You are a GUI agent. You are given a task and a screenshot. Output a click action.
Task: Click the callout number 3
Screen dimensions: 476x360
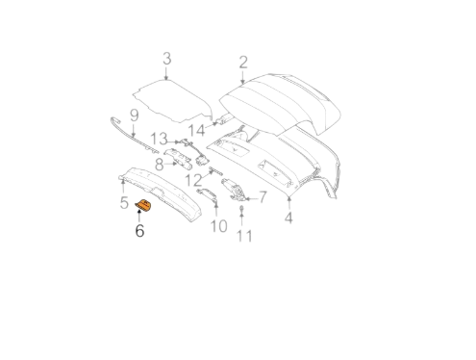167,59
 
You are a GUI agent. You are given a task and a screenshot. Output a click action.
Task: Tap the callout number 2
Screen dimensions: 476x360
243,63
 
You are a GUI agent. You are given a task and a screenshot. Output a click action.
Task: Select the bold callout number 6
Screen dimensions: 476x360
139,231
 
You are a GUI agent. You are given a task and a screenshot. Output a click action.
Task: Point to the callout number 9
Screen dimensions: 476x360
134,116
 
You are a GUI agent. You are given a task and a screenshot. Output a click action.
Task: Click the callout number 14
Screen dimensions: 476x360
196,131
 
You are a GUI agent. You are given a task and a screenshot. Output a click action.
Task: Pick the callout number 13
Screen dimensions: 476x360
159,139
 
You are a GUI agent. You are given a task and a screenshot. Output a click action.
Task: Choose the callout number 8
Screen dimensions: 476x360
160,165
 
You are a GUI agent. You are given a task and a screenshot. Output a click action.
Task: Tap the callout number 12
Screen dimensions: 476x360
193,180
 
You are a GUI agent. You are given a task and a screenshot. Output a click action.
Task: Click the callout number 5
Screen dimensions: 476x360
124,202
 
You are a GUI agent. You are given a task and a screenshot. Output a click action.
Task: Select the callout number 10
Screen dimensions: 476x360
219,226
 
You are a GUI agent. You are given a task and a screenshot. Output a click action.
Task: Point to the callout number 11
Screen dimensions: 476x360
244,236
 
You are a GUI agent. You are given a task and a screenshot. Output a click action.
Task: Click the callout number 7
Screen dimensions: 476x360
263,197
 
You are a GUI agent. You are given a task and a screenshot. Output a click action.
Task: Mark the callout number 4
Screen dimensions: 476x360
288,218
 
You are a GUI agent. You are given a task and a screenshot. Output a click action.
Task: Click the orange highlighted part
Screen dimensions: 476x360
143,205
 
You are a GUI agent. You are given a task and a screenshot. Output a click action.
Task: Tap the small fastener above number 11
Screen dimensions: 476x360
241,210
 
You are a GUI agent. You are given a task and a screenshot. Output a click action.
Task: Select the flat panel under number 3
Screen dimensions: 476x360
172,100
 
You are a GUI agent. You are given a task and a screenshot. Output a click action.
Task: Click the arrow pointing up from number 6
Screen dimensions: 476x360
138,216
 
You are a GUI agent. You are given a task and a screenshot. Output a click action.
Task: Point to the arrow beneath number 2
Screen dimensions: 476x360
242,78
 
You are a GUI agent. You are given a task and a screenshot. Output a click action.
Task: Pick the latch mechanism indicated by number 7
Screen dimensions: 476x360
234,190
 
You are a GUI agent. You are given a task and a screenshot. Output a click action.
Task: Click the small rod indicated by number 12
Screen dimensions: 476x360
216,170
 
